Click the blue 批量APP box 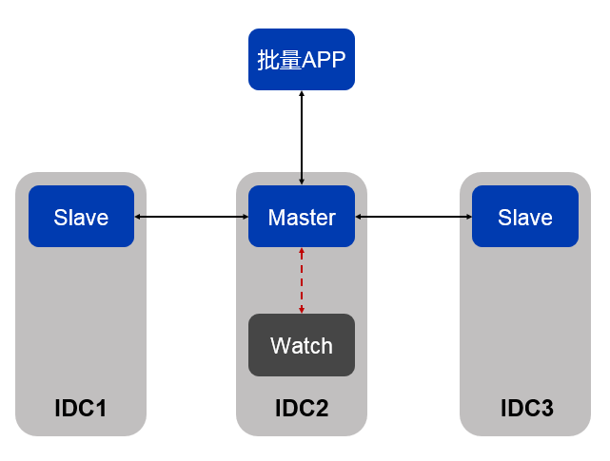(301, 59)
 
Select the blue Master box (301, 217)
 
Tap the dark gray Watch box (301, 345)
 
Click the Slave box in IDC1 (81, 217)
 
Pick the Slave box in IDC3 (525, 217)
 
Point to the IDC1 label (81, 409)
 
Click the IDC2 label (302, 409)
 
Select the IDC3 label (526, 409)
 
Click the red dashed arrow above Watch (302, 280)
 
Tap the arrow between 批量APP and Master (302, 138)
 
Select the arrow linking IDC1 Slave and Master (191, 218)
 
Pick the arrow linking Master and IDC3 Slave (413, 218)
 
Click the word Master (302, 218)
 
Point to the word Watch (302, 345)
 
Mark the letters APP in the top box (324, 60)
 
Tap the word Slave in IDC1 (81, 218)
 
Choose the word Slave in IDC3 (525, 218)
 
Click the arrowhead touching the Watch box (302, 309)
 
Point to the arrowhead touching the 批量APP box (302, 95)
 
